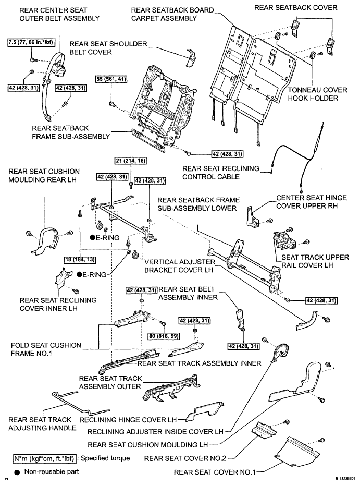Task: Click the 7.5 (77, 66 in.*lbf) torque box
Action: (x=31, y=42)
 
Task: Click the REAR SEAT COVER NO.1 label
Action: (x=215, y=472)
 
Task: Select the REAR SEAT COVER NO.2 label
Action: (x=185, y=458)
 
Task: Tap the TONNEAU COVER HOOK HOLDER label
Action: (x=317, y=94)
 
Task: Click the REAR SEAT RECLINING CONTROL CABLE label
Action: (x=220, y=173)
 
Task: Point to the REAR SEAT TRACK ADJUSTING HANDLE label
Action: (x=42, y=424)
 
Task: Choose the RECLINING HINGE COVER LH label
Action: (x=128, y=420)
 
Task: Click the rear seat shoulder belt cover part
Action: (x=192, y=58)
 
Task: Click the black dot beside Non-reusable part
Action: (x=17, y=472)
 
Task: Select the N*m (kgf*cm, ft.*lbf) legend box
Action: (x=44, y=458)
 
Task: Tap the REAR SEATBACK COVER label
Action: (x=296, y=7)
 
